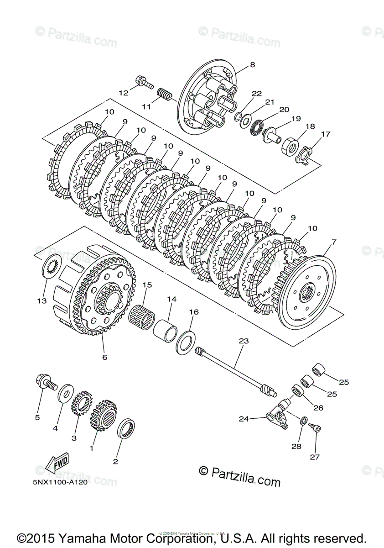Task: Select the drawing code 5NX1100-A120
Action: (60, 482)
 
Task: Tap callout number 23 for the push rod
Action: (244, 341)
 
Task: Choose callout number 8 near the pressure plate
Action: (252, 65)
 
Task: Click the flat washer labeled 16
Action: (186, 343)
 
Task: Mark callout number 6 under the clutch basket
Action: (104, 357)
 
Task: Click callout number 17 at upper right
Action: (326, 134)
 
